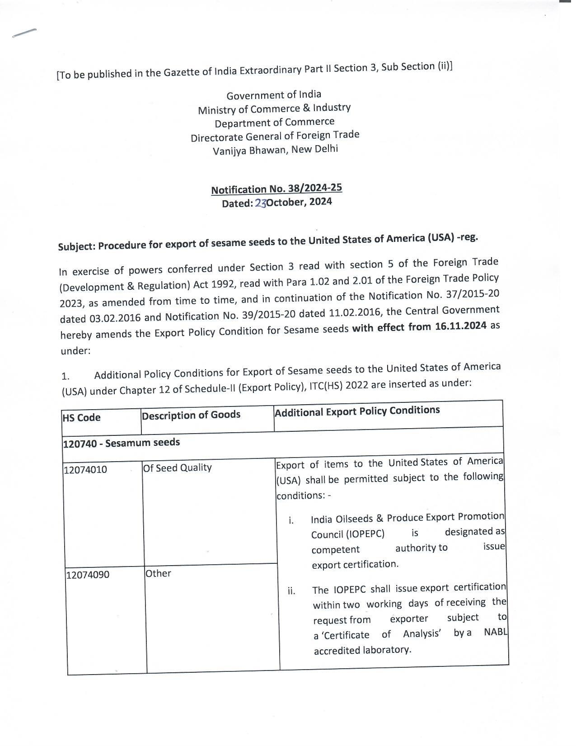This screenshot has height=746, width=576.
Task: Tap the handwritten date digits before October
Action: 261,203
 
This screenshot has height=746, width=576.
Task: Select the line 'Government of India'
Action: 274,95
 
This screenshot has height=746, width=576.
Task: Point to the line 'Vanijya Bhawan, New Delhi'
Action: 275,150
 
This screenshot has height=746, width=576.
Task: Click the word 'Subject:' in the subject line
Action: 77,247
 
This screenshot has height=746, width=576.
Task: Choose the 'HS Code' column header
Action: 81,417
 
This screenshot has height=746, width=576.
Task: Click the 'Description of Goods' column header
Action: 191,415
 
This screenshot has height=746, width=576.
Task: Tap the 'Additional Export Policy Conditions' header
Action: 357,411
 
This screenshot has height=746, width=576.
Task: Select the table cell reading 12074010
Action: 85,470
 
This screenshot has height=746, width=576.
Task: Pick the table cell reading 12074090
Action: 88,575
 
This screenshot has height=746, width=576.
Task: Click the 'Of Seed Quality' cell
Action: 178,467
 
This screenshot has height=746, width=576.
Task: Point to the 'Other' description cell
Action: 158,573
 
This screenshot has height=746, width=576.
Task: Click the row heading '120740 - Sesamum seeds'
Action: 121,443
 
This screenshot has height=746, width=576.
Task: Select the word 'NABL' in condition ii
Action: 496,632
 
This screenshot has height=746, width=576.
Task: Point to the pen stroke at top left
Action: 24,33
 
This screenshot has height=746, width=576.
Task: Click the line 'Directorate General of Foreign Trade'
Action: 275,136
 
